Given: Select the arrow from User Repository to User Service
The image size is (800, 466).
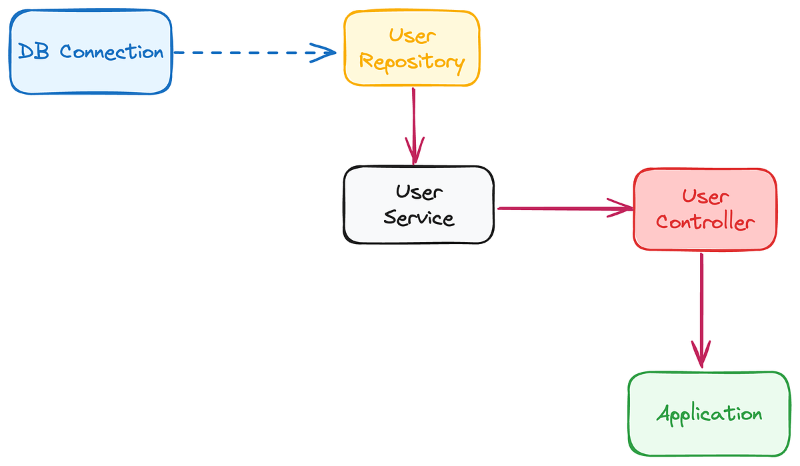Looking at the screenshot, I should [414, 120].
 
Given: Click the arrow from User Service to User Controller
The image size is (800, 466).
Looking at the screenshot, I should [560, 209].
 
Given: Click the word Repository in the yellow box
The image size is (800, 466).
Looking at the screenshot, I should [411, 62].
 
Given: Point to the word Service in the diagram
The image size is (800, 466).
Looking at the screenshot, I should [419, 217].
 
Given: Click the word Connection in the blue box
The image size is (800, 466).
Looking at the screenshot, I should [111, 52].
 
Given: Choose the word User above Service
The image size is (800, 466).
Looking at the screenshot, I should [419, 192].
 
